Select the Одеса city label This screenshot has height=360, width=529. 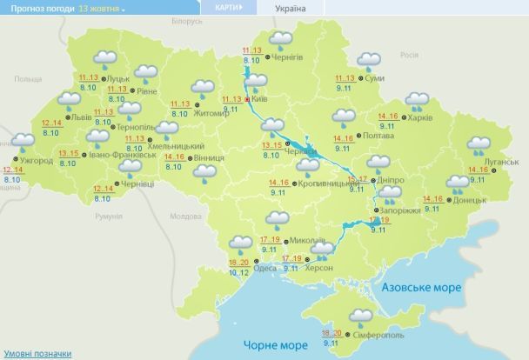[x=266, y=268]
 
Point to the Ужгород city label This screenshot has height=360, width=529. [x=35, y=162]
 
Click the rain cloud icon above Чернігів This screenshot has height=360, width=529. [x=280, y=40]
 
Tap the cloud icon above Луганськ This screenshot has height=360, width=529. [x=479, y=145]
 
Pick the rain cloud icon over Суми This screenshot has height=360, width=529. [x=369, y=61]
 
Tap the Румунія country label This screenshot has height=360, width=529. [x=109, y=216]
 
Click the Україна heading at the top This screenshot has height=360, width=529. [x=291, y=7]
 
